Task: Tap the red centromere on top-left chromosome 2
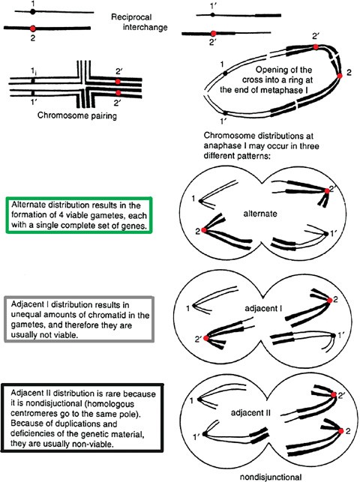32,28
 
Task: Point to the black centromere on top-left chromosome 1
32,13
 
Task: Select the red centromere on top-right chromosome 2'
214,34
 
